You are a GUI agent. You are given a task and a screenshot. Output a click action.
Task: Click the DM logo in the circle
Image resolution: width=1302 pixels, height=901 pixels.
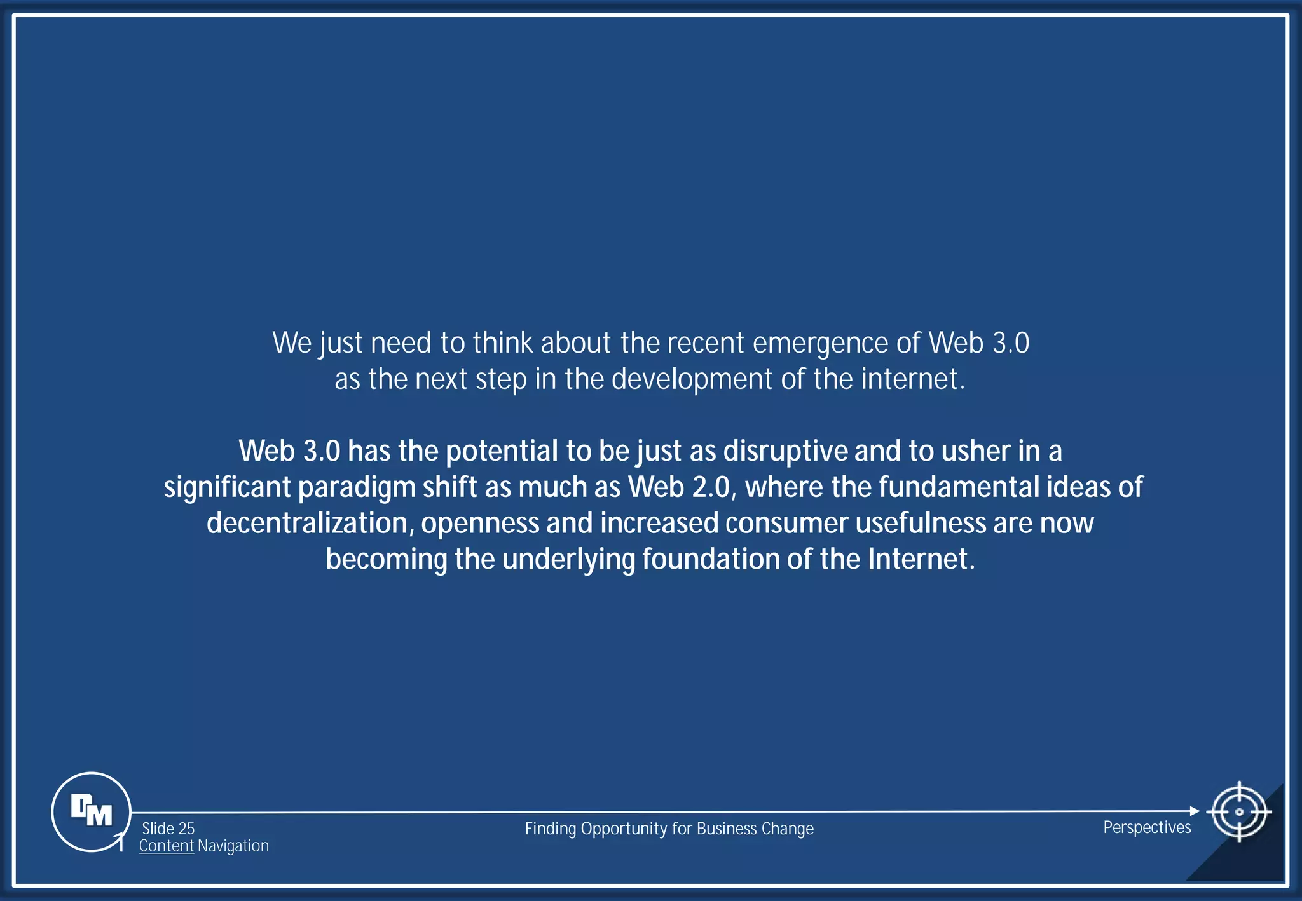(x=91, y=811)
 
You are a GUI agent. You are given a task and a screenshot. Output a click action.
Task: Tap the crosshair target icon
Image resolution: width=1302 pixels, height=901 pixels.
(x=1238, y=811)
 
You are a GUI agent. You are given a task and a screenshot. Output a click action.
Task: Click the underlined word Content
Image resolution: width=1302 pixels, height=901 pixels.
(x=167, y=846)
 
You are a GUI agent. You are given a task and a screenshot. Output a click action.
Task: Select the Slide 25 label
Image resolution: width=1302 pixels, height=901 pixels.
(x=168, y=829)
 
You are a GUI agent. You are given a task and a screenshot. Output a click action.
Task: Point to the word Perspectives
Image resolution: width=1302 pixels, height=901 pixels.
(x=1147, y=827)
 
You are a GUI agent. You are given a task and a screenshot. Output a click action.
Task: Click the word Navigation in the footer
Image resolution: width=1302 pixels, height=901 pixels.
(x=233, y=846)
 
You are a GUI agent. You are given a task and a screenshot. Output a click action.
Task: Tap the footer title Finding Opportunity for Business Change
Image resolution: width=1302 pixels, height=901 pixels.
(x=669, y=829)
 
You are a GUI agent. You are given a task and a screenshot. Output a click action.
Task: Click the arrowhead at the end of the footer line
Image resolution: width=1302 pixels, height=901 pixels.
(x=1195, y=811)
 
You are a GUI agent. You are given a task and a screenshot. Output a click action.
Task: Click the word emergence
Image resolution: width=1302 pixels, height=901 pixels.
(x=820, y=344)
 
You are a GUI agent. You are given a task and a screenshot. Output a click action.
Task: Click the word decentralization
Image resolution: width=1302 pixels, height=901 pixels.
(x=310, y=524)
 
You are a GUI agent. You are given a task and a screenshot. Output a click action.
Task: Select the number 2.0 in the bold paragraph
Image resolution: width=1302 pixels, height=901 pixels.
(x=713, y=487)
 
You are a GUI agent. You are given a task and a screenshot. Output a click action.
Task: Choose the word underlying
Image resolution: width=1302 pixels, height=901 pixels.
(x=568, y=560)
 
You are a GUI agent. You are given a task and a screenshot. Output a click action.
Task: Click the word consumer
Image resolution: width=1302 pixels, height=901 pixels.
(x=786, y=524)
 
